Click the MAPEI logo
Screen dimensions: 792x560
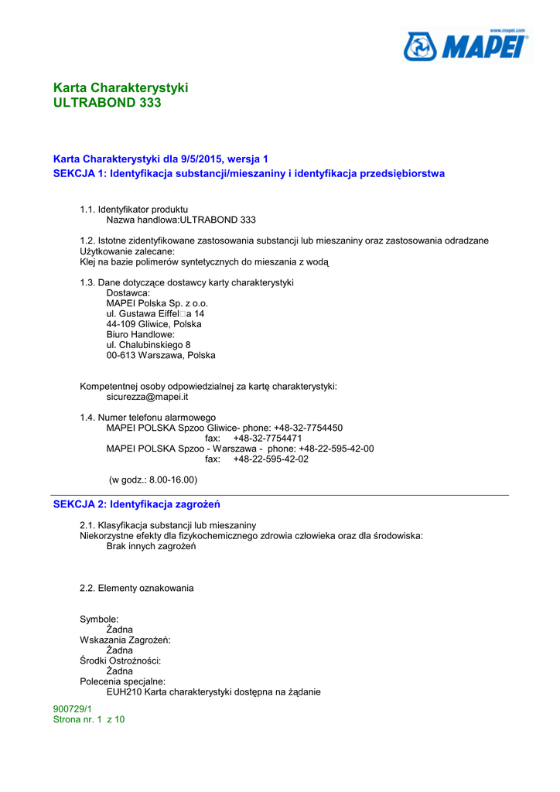coord(466,46)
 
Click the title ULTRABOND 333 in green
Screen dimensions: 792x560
coord(107,102)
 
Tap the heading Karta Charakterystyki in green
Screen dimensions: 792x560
coord(121,87)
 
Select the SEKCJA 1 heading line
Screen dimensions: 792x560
coord(248,173)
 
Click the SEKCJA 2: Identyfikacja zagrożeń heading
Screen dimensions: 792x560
coord(136,504)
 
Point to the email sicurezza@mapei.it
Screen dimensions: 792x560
coord(147,397)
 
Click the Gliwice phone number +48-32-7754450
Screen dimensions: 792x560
coord(308,428)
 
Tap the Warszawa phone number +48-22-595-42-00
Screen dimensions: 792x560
coord(336,449)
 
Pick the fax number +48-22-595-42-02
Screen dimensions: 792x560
coord(271,459)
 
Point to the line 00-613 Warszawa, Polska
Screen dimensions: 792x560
coord(161,355)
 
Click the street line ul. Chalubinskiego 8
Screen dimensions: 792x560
coord(149,345)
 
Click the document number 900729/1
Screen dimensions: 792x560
coord(72,708)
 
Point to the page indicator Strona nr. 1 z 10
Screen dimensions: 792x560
coord(88,719)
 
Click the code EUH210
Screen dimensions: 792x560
coord(123,692)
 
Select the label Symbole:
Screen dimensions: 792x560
coord(99,620)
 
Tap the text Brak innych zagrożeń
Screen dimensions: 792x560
coord(151,546)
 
